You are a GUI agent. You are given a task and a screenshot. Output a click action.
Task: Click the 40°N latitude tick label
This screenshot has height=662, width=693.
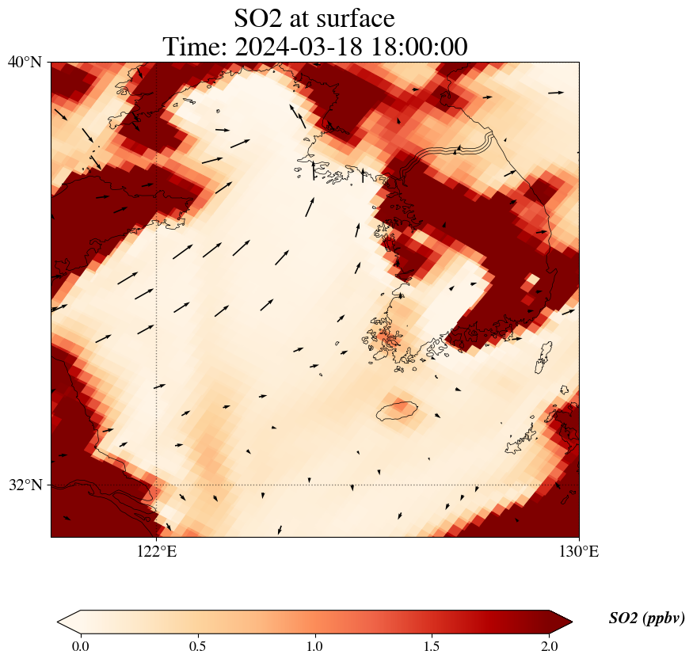[25, 62]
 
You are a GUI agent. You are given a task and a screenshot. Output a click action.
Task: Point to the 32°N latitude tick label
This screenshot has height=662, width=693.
[25, 485]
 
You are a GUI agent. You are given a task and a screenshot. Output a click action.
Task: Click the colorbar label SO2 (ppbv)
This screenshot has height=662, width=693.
[646, 618]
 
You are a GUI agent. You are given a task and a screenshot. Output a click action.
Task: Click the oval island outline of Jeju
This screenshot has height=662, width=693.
[396, 410]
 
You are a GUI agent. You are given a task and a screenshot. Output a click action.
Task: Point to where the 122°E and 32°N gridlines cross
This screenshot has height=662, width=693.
[157, 485]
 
